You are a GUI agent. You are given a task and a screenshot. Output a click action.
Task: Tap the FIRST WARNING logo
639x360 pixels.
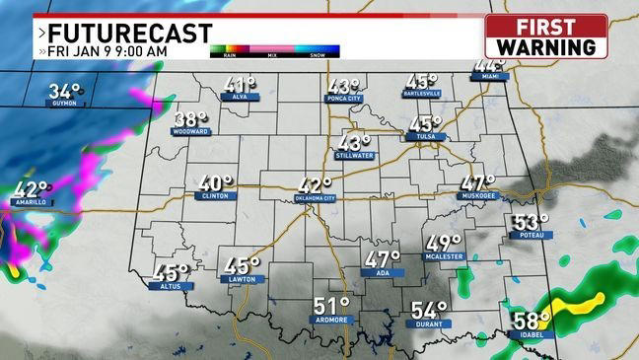[x=546, y=36]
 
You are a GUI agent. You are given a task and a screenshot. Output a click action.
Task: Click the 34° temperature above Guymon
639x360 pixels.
[x=66, y=91]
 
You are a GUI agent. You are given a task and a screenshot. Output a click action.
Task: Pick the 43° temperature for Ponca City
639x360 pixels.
[x=344, y=87]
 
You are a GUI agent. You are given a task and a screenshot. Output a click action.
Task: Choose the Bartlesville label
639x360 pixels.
[x=422, y=94]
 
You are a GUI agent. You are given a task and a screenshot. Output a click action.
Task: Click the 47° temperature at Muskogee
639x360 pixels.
[x=478, y=182]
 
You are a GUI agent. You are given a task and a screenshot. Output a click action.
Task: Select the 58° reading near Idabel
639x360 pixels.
[x=531, y=321]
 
